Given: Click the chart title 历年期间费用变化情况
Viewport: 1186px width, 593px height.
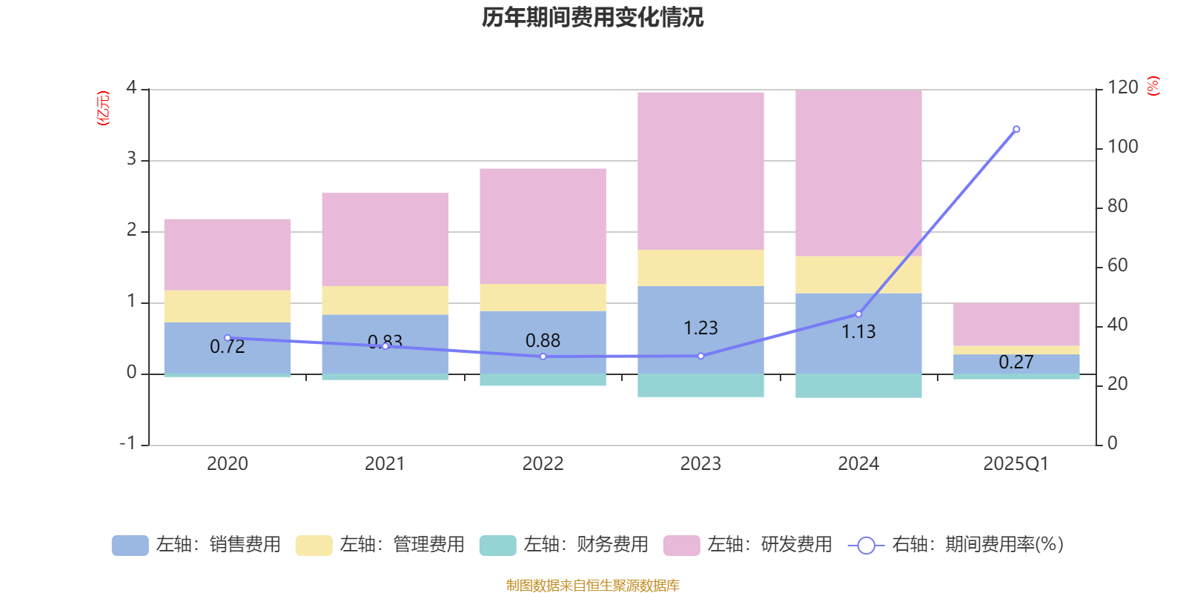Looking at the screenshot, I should pos(592,17).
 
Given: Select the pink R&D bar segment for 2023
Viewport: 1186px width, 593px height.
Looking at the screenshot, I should pos(700,170).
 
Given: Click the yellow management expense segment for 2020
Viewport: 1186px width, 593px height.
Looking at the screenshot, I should pos(227,306).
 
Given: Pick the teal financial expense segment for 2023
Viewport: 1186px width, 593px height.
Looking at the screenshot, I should pos(700,385).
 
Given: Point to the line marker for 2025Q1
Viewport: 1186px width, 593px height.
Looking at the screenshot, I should pos(1016,129).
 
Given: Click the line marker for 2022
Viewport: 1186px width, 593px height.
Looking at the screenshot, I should pos(543,357).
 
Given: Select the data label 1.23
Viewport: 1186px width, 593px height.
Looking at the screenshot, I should pos(700,328).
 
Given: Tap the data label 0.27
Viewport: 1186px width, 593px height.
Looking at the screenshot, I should pos(1016,362).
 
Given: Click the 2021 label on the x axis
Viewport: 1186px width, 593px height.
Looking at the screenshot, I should pos(385,463).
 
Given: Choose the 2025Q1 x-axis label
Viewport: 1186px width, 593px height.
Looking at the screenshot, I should pos(1016,463).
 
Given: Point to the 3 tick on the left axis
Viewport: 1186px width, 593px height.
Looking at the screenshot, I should pos(131,159).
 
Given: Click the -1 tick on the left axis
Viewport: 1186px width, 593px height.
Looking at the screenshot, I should pos(127,443).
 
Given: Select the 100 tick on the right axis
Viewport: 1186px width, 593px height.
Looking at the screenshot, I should pos(1122,147).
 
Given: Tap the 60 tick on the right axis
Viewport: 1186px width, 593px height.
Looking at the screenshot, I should pos(1117,265).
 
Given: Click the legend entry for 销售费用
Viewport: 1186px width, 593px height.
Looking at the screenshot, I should pos(196,545).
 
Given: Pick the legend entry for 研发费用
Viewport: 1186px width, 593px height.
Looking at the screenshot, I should pos(748,545).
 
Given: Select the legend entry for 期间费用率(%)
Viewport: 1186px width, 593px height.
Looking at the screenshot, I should pos(956,545).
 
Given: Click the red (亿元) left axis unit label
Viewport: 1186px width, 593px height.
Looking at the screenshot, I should pos(103,108).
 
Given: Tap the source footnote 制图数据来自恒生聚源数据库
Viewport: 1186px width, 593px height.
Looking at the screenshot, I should pos(592,586).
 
